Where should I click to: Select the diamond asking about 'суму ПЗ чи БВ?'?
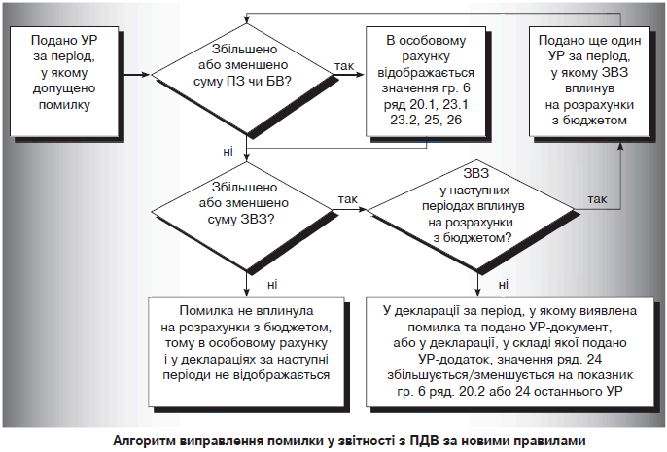[249, 74]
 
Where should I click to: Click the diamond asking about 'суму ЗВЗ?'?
[249, 207]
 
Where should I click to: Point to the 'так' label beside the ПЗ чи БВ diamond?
[343, 65]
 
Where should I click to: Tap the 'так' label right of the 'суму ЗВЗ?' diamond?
[347, 198]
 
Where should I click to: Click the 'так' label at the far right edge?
[597, 198]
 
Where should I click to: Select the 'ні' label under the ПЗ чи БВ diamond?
[228, 150]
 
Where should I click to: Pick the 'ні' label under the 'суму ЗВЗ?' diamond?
[270, 283]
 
